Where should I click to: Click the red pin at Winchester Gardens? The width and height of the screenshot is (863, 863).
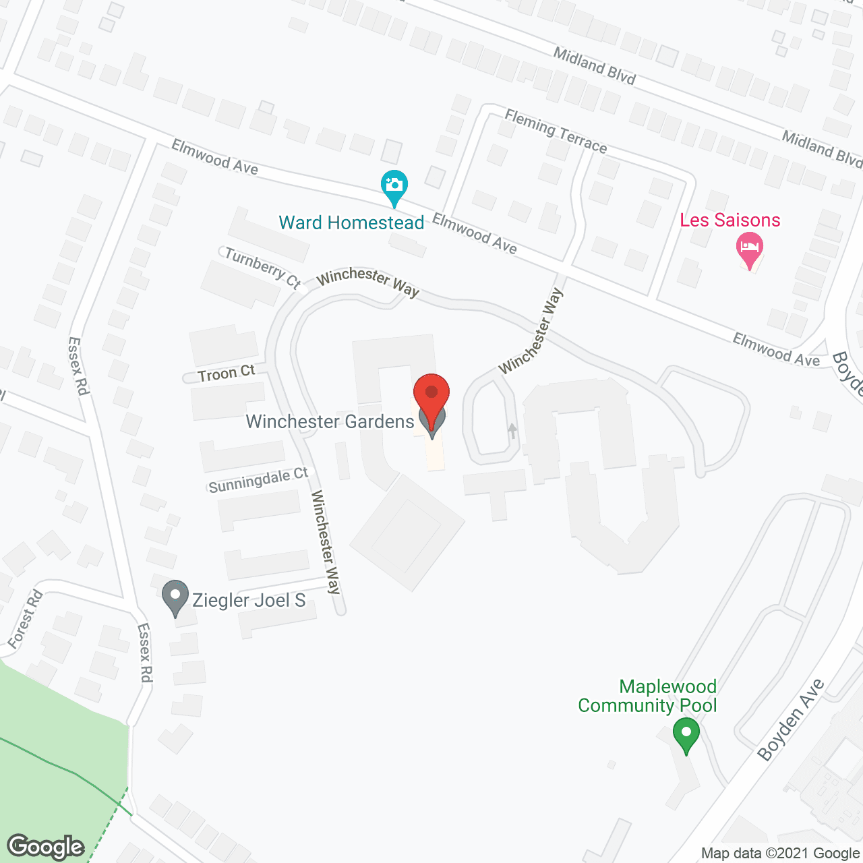tap(431, 394)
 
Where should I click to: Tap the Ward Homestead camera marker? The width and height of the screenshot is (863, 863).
tap(394, 184)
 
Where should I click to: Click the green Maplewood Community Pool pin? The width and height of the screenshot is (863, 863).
tap(686, 734)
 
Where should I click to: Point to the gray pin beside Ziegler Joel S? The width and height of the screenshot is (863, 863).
tap(175, 596)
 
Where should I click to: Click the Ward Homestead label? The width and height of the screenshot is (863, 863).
tap(351, 223)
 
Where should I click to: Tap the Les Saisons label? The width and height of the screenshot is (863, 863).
tap(730, 220)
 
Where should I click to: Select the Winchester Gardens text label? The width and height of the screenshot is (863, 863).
tap(330, 422)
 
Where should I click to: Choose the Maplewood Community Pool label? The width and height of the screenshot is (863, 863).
tap(648, 696)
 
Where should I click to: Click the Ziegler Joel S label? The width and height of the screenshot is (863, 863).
tap(249, 600)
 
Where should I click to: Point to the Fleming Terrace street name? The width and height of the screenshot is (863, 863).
tap(556, 132)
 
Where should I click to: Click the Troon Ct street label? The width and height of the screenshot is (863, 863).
tap(227, 373)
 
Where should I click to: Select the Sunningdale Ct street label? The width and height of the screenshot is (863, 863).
tap(258, 480)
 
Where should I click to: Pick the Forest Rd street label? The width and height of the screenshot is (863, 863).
tap(26, 619)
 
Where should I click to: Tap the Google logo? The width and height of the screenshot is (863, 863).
tap(46, 847)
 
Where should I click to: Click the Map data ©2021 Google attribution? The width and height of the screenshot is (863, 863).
tap(780, 854)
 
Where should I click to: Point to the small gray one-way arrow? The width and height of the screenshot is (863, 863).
tap(512, 430)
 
